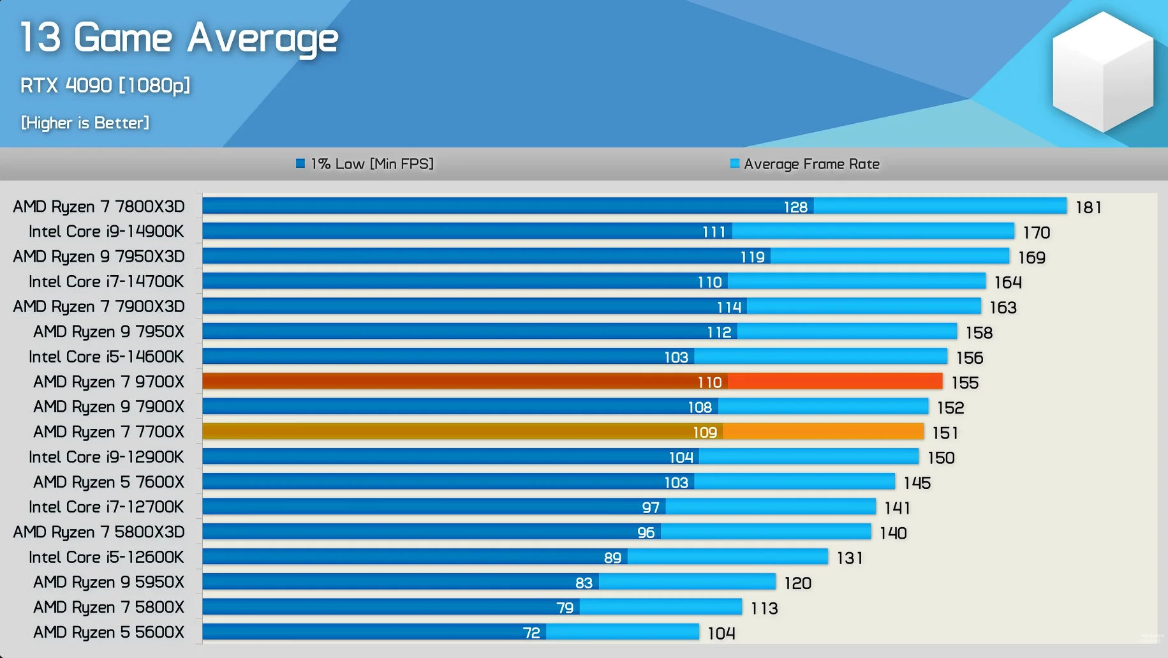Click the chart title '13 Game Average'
tap(179, 38)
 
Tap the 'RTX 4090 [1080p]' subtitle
tap(105, 86)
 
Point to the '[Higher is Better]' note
tap(85, 123)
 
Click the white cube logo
tap(1102, 71)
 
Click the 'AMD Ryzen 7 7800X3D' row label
tap(99, 207)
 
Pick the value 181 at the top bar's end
tap(1088, 207)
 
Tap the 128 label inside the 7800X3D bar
tap(795, 207)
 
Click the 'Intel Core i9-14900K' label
tap(106, 232)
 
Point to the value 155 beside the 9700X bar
tap(965, 383)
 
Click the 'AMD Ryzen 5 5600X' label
tap(108, 632)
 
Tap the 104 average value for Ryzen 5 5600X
tap(721, 634)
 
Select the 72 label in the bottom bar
tap(531, 633)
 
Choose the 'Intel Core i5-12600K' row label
tap(106, 557)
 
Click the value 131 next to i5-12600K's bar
tap(850, 558)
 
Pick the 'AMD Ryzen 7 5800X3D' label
tap(99, 532)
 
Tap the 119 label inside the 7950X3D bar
tap(753, 257)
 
